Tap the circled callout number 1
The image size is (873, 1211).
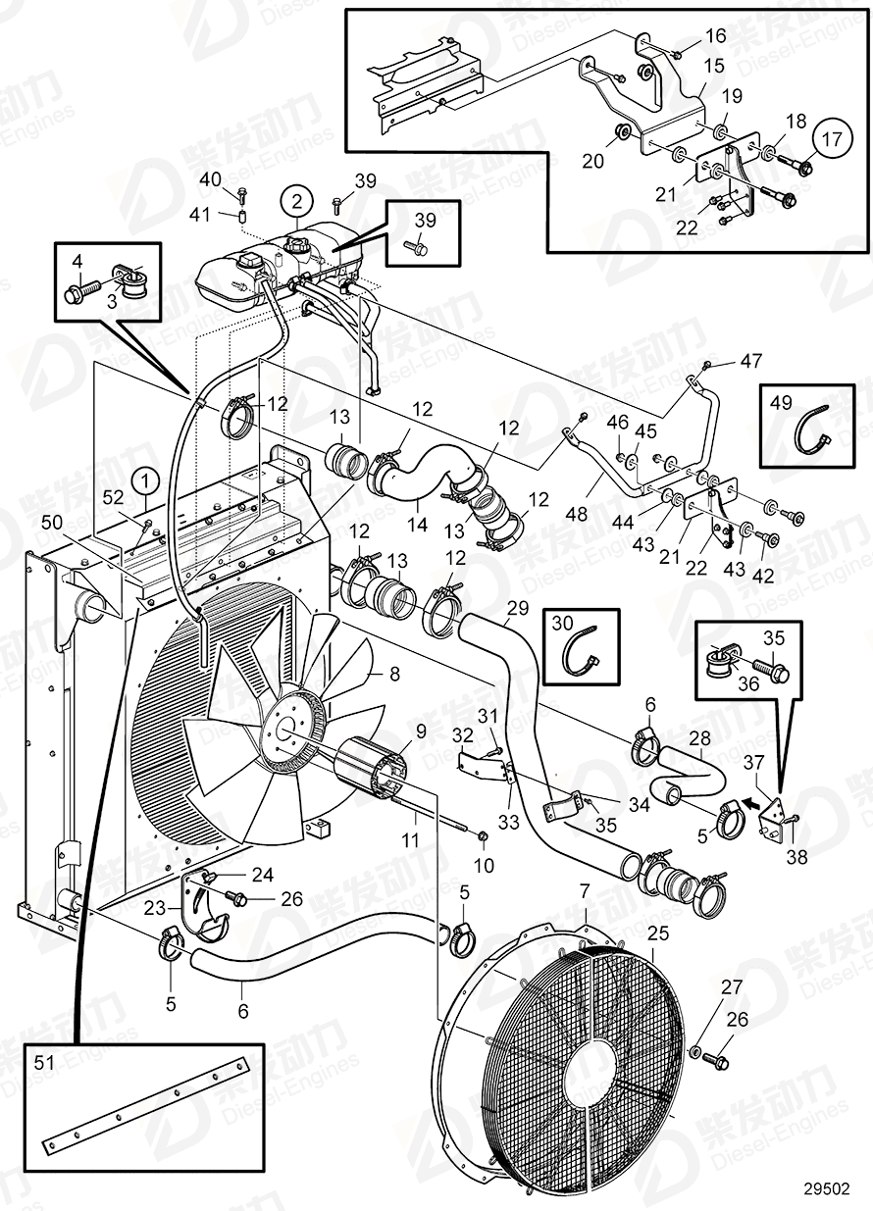coord(146,481)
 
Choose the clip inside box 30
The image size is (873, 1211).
coord(581,651)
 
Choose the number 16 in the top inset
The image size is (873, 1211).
coord(716,37)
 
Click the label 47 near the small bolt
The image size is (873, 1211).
coord(750,362)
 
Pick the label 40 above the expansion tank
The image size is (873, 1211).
coord(211,178)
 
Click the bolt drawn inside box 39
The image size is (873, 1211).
coord(419,248)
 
